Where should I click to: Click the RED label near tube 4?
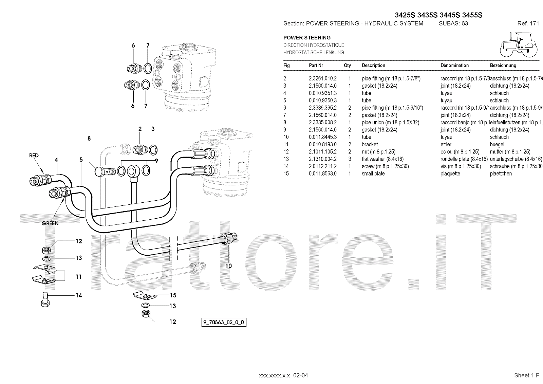(x=34, y=156)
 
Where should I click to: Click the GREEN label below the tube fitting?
(x=50, y=223)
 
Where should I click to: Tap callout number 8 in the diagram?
(x=89, y=139)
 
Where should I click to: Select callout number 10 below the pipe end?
(x=229, y=266)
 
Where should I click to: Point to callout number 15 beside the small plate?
(x=173, y=295)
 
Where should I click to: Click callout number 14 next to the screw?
(x=79, y=295)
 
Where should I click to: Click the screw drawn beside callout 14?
(x=45, y=299)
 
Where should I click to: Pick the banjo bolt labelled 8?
(x=101, y=171)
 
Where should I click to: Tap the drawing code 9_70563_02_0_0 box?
(x=224, y=323)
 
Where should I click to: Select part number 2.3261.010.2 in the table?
(x=322, y=78)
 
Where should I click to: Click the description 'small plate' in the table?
(x=373, y=173)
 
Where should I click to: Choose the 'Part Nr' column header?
(x=316, y=66)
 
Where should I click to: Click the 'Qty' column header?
(x=347, y=66)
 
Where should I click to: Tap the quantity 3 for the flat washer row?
(x=350, y=159)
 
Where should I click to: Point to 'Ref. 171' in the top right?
(x=528, y=23)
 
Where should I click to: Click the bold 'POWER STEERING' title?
(x=307, y=38)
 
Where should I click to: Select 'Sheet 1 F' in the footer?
(x=526, y=375)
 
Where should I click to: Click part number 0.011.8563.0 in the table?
(x=322, y=173)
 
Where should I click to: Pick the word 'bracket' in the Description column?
(x=370, y=144)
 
